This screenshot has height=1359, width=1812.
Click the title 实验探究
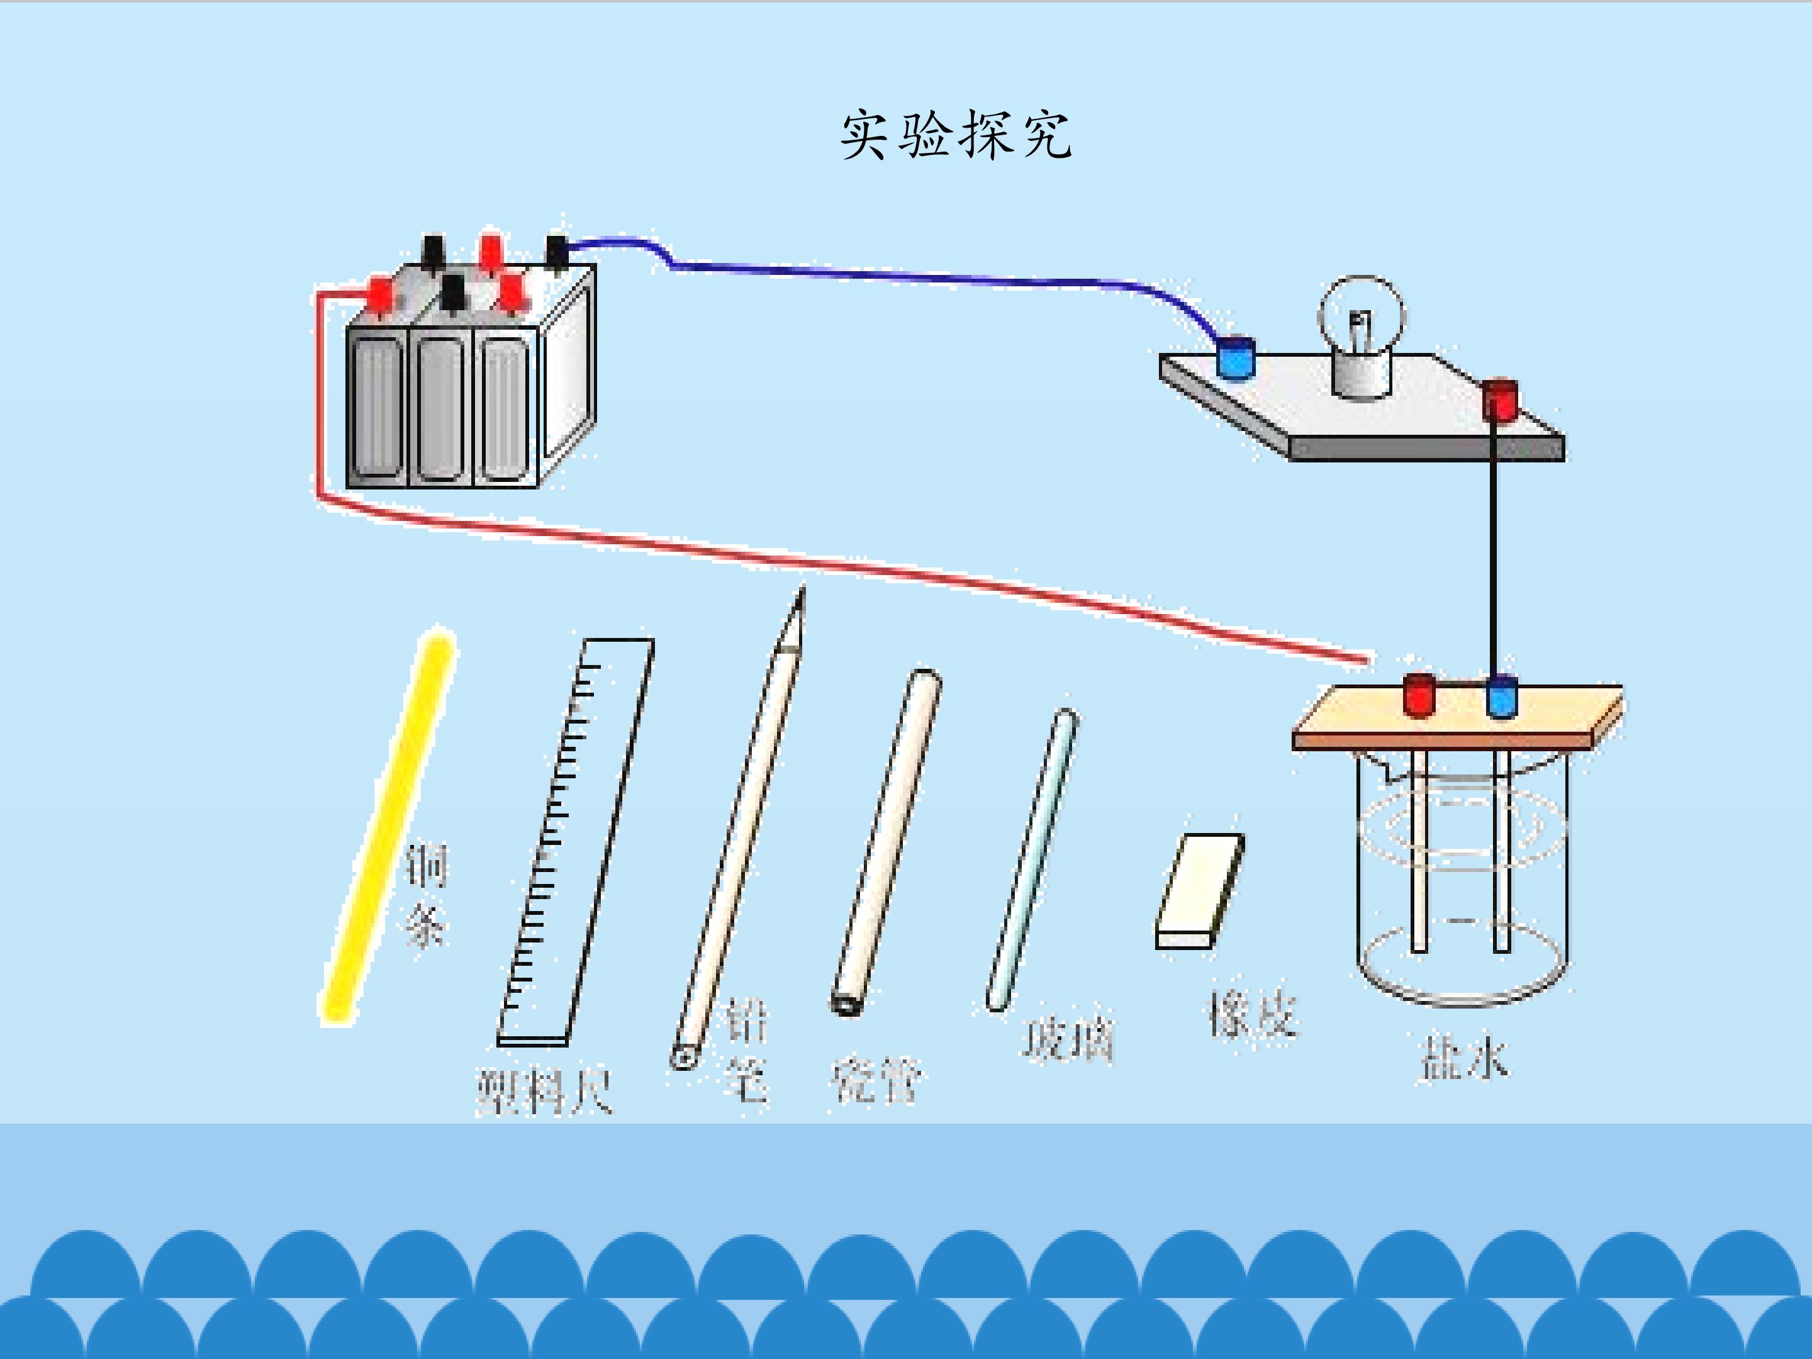coord(956,135)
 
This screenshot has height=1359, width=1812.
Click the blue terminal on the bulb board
coord(1235,358)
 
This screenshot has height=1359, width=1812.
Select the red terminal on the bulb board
coord(1501,400)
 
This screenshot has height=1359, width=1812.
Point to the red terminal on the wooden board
coord(1419,695)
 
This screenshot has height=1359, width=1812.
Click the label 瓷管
coord(876,1082)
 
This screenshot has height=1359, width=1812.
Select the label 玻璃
coord(1067,1041)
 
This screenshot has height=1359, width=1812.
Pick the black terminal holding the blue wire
coord(556,250)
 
